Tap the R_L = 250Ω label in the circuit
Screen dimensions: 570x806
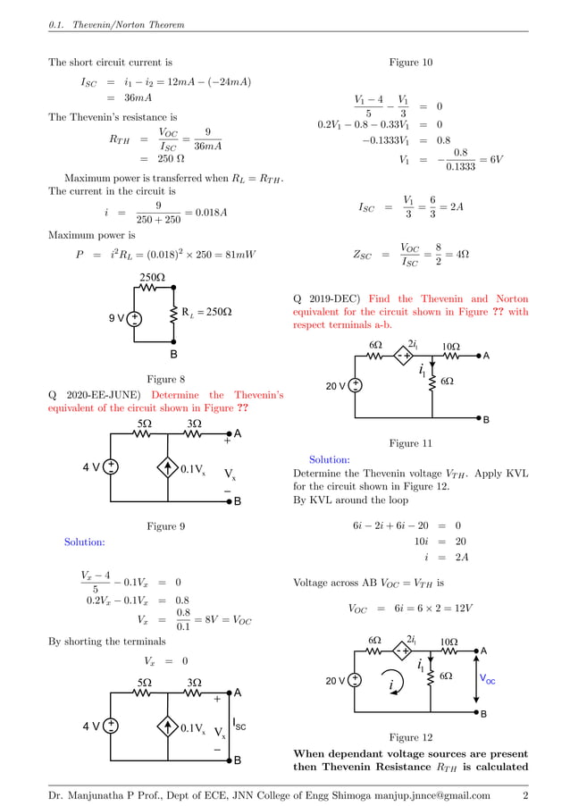(x=206, y=312)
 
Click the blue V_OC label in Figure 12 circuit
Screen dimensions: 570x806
(x=488, y=680)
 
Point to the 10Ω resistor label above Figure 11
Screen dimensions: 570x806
(x=451, y=346)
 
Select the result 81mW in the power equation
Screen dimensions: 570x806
(x=238, y=255)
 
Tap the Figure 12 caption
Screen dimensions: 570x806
(x=411, y=737)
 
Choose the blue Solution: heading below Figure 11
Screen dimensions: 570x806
(x=329, y=459)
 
